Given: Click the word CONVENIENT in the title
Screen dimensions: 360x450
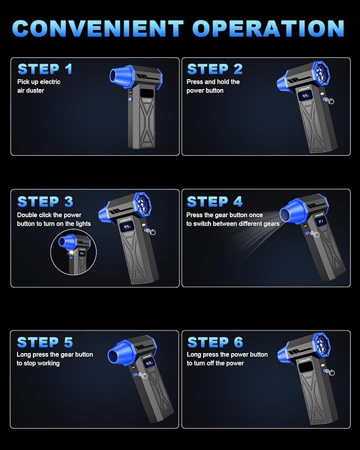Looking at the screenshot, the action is [98, 28].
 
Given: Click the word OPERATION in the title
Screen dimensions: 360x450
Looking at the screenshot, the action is [268, 28].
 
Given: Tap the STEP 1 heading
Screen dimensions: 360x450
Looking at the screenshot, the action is [45, 69].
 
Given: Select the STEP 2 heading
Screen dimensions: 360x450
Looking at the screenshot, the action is [215, 69].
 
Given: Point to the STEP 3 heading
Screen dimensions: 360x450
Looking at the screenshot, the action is [45, 201].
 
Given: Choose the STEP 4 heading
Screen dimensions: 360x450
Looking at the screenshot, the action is [215, 201].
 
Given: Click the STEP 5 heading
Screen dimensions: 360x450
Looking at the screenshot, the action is [45, 342].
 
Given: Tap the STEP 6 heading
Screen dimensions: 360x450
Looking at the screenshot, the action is [215, 342].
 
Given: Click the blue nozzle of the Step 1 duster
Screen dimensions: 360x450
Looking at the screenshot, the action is [120, 76].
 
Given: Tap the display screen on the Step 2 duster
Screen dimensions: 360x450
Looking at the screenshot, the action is [304, 96].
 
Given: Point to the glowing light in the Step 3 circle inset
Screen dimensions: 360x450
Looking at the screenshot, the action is [71, 252].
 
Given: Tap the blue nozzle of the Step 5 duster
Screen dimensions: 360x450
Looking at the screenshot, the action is [119, 354].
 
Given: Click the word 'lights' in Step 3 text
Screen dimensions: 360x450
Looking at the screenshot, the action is [82, 224].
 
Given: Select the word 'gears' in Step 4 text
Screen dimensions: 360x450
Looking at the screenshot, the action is [271, 224].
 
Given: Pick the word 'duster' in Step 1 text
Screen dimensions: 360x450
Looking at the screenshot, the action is [35, 91].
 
